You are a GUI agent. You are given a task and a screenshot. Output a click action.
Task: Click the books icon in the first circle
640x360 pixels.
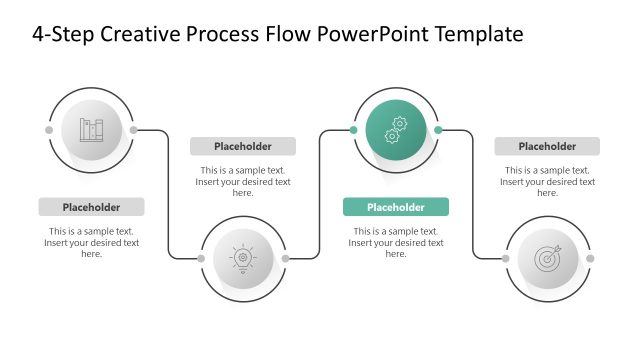pyautogui.click(x=91, y=130)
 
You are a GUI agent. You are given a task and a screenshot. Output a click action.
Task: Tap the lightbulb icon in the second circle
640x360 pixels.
pyautogui.click(x=243, y=259)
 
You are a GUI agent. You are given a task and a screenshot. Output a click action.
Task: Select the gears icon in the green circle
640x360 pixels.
pyautogui.click(x=396, y=130)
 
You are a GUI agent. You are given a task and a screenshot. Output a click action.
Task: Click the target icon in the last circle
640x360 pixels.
pyautogui.click(x=548, y=259)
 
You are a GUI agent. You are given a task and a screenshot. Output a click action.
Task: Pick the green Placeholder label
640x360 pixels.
pyautogui.click(x=396, y=207)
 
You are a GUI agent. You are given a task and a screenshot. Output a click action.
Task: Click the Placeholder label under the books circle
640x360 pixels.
pyautogui.click(x=91, y=207)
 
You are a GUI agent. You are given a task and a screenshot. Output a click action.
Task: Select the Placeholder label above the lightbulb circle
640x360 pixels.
pyautogui.click(x=243, y=146)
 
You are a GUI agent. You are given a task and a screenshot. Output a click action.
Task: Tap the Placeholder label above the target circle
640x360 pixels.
pyautogui.click(x=547, y=146)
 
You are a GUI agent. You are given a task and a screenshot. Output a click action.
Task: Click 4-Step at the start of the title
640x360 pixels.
pyautogui.click(x=59, y=35)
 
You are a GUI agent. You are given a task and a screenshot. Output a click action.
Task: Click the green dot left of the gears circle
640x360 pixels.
pyautogui.click(x=353, y=130)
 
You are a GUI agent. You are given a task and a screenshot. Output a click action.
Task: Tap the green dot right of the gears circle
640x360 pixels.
pyautogui.click(x=438, y=130)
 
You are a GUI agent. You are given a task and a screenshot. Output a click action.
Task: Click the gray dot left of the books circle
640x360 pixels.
pyautogui.click(x=49, y=130)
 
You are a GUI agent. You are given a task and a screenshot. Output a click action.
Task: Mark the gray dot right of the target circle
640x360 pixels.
pyautogui.click(x=590, y=259)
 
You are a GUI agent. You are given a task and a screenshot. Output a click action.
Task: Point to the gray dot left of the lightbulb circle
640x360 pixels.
pyautogui.click(x=201, y=259)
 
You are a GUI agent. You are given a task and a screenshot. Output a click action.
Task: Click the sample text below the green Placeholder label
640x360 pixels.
pyautogui.click(x=396, y=242)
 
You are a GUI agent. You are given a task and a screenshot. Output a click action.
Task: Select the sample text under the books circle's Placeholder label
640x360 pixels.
pyautogui.click(x=91, y=242)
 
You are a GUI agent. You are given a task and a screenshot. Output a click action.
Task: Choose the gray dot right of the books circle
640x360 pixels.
pyautogui.click(x=134, y=130)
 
